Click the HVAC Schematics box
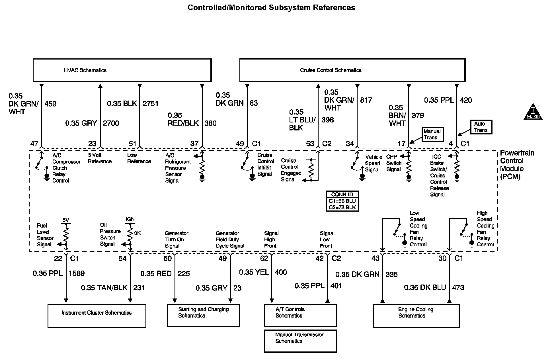122,70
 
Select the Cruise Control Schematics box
352,70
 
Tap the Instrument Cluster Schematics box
97,316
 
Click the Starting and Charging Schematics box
204,316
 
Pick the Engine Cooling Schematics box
416,316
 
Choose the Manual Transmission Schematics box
300,341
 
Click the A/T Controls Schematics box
300,316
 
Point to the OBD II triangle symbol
533,112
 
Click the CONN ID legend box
342,201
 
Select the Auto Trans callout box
481,127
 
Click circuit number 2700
111,123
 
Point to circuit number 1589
77,273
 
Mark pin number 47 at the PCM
34,144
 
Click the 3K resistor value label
137,233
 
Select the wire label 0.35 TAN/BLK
104,288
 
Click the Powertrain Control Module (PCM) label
517,165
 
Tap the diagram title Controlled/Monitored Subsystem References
271,8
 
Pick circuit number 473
458,287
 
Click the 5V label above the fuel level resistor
66,220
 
